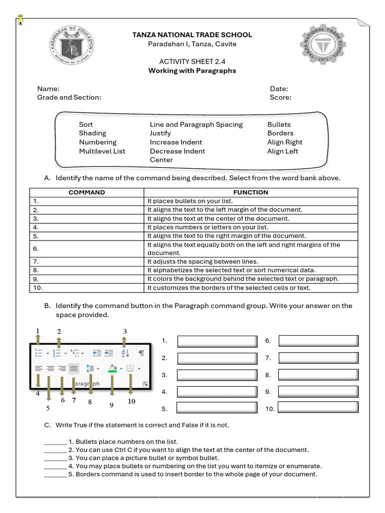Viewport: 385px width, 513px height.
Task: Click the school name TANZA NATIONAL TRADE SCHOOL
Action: pos(192,35)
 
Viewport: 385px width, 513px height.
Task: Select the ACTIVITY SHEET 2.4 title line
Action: pos(192,62)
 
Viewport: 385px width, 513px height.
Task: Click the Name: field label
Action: pos(48,89)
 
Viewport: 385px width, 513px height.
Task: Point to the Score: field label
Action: pos(280,97)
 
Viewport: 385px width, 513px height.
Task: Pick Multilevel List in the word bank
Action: pos(102,151)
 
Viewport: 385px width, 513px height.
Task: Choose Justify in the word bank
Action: pos(160,133)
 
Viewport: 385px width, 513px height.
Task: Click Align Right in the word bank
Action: pos(285,142)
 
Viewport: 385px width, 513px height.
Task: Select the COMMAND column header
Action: pos(87,192)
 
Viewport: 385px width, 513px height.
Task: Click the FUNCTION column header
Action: pos(251,192)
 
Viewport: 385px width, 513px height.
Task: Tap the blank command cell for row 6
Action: pos(87,248)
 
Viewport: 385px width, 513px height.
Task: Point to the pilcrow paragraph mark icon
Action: pos(141,353)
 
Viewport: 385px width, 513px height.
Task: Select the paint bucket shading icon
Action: pos(113,368)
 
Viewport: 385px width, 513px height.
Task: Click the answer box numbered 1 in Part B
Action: pos(217,341)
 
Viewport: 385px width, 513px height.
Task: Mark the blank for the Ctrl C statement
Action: pos(55,450)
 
